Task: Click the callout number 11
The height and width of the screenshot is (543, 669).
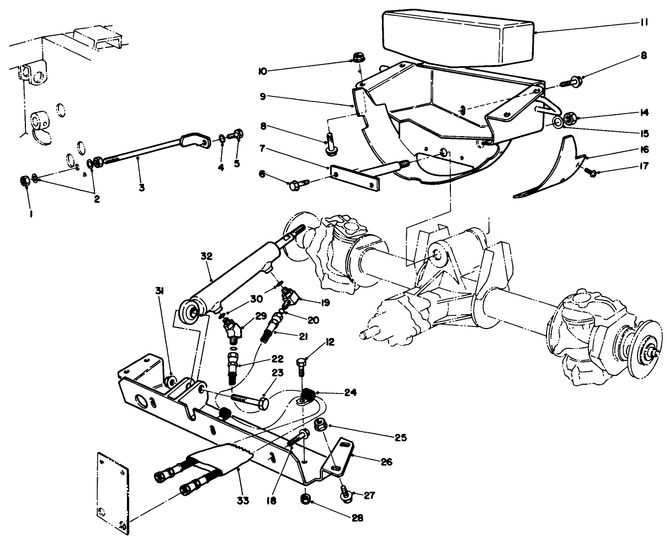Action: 644,23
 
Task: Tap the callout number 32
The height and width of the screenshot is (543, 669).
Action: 205,256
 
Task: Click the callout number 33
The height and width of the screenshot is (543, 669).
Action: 243,501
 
